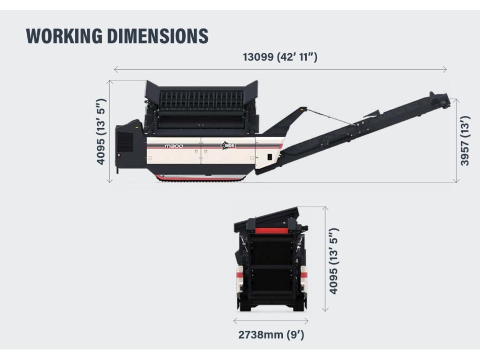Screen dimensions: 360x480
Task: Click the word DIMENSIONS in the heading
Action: tap(157, 36)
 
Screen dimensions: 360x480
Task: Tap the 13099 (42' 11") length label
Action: tap(280, 57)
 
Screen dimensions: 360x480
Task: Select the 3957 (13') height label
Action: tap(465, 141)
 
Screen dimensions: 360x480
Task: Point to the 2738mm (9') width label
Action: tap(271, 334)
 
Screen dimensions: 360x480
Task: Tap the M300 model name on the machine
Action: tap(174, 146)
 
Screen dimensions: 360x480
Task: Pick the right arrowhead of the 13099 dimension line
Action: tap(446, 69)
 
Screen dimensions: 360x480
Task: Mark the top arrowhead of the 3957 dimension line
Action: tap(456, 100)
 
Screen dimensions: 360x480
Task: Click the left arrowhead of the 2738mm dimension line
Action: tap(234, 321)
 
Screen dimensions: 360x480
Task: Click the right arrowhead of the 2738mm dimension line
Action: tap(307, 321)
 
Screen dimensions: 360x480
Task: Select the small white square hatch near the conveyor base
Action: tap(270, 157)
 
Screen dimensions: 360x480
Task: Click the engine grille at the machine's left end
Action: tap(125, 142)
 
